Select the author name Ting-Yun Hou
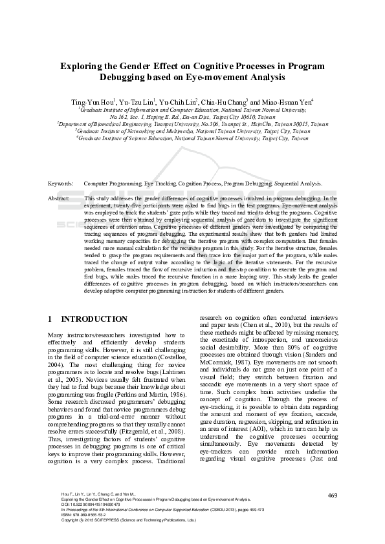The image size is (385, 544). click(94, 102)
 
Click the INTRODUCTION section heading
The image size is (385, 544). click(94, 319)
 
